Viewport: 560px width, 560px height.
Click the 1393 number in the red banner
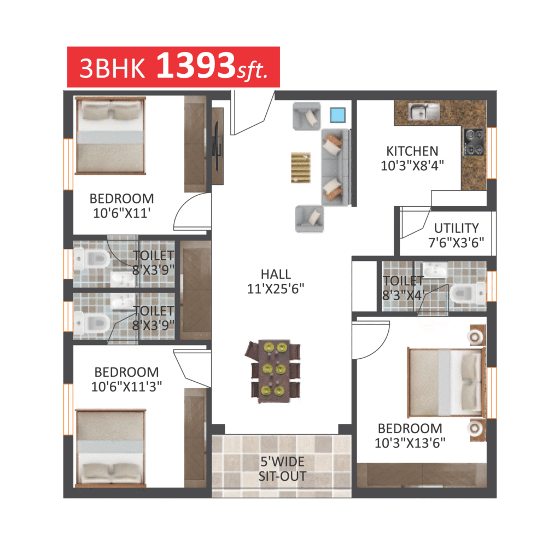(196, 66)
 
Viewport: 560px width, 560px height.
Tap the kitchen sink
(424, 112)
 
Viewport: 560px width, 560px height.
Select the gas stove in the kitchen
(474, 142)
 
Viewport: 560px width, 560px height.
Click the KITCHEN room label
(412, 151)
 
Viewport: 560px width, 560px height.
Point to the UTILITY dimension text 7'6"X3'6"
(456, 243)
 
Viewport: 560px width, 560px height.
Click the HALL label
(276, 275)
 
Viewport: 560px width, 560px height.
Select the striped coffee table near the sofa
(300, 167)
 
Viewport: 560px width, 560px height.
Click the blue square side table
(337, 115)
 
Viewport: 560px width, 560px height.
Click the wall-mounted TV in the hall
(217, 146)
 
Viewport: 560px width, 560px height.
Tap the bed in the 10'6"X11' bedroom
(110, 136)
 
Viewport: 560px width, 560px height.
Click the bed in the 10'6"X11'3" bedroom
(110, 448)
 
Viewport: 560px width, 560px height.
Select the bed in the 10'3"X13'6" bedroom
(446, 382)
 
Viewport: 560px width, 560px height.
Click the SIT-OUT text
(282, 476)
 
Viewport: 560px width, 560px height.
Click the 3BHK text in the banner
(112, 68)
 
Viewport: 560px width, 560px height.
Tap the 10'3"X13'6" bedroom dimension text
(410, 443)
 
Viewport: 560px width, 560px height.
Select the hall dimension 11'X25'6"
(276, 289)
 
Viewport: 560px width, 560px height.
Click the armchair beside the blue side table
(306, 116)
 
